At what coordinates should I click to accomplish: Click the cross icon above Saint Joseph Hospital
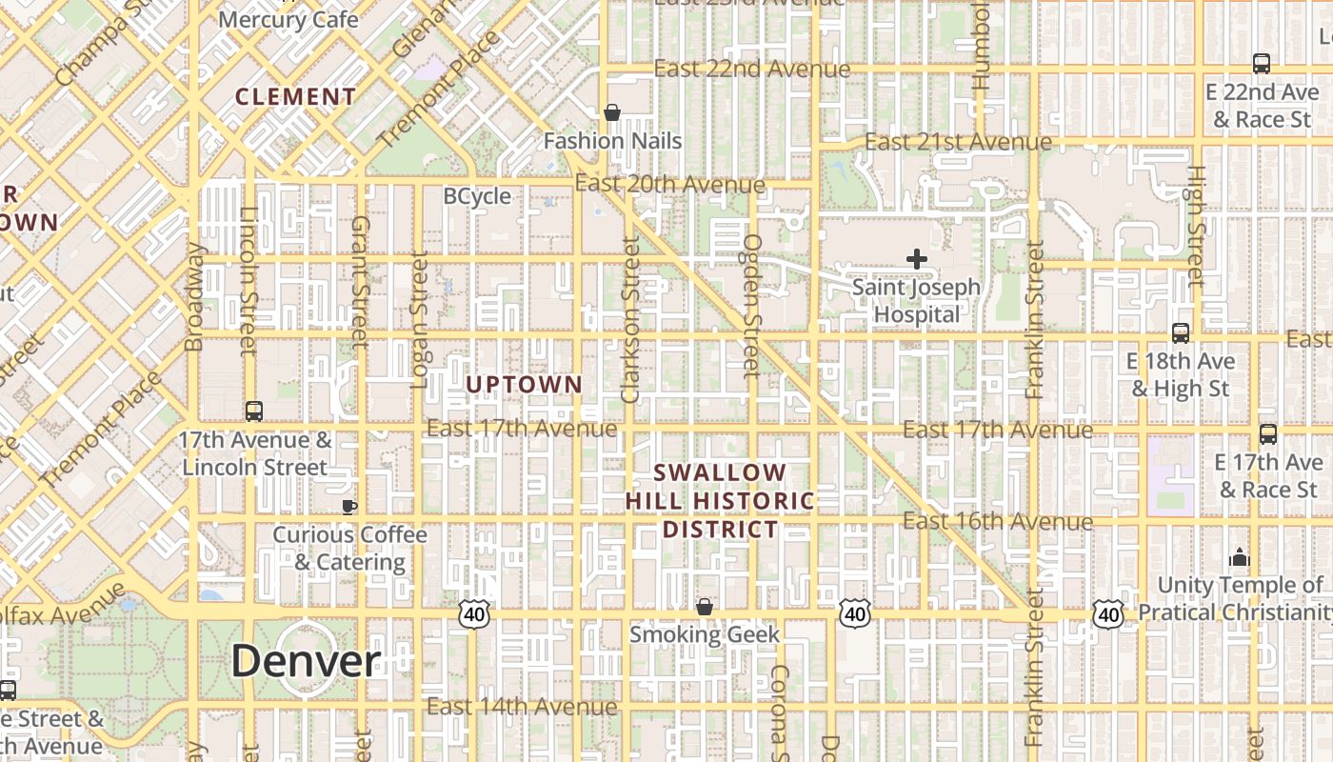coord(916,258)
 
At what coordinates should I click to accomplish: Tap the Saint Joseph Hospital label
coord(916,300)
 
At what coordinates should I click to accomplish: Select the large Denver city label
coord(306,661)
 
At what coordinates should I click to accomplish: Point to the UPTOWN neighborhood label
coord(524,385)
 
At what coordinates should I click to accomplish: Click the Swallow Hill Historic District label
coord(721,501)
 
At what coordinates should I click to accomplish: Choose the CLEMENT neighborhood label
coord(295,97)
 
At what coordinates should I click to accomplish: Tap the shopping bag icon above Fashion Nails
coord(612,112)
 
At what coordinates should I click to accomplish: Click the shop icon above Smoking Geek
coord(705,607)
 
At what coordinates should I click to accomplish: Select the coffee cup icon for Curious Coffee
coord(349,506)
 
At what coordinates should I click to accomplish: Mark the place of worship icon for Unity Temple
coord(1240,556)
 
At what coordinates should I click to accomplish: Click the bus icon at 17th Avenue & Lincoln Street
coord(254,411)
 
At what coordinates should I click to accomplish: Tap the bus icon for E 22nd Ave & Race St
coord(1262,64)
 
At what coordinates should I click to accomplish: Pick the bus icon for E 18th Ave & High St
coord(1181,333)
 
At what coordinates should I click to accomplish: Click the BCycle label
coord(477,196)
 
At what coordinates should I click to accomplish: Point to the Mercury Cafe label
coord(288,19)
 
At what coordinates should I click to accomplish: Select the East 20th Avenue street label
coord(669,184)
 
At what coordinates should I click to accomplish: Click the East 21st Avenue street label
coord(958,142)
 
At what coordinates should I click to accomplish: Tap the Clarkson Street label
coord(629,320)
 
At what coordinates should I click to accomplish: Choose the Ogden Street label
coord(752,305)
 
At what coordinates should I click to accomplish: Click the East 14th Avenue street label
coord(522,707)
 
